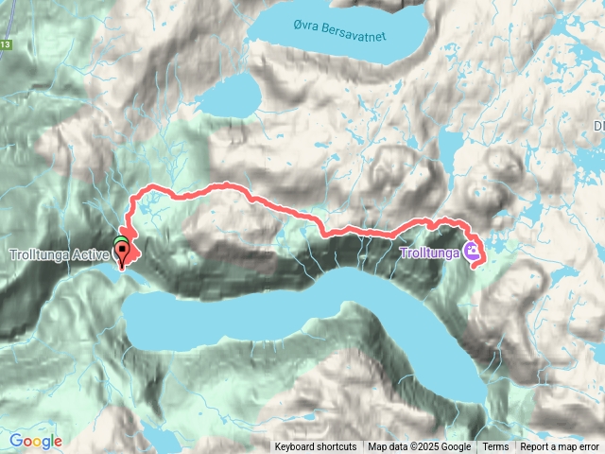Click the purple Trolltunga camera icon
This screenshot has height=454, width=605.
pos(470,253)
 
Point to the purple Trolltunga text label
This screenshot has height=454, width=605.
pos(429,253)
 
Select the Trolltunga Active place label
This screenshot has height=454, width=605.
pos(60,253)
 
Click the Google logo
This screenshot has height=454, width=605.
pos(36,441)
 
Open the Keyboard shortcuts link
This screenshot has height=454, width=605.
pos(316,446)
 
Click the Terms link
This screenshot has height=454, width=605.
pos(495,446)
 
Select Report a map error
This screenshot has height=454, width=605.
pos(561,446)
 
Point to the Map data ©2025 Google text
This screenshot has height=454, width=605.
pos(420,446)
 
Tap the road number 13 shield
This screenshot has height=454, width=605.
pos(5,44)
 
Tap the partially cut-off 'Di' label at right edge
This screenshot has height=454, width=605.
pos(598,125)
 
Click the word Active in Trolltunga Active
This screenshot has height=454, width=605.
pos(92,253)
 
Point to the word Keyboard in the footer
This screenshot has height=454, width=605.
pos(298,446)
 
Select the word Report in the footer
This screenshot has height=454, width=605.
pos(536,446)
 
